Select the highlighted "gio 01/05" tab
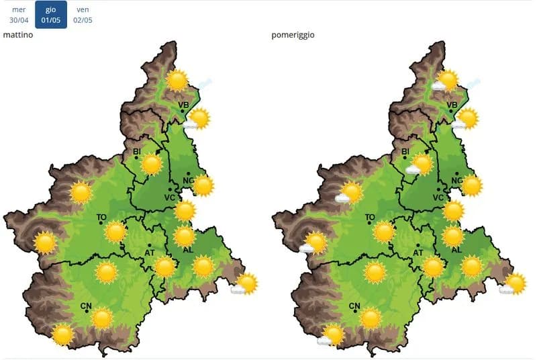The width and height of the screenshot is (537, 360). click(51, 15)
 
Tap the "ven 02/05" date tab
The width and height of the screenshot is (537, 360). click(83, 15)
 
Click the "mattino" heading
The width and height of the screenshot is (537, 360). click(18, 34)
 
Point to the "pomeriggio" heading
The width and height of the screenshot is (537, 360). click(293, 34)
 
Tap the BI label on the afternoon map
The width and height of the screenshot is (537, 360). click(405, 152)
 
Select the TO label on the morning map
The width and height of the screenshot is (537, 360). click(101, 217)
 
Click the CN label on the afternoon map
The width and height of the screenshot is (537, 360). click(354, 306)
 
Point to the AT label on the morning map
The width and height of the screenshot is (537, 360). click(151, 253)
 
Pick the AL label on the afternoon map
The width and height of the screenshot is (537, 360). click(456, 249)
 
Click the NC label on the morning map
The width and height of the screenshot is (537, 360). click(189, 181)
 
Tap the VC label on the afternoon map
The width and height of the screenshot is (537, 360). click(438, 197)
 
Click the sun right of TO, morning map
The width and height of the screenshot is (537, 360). click(115, 232)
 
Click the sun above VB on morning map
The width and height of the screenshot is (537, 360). click(178, 81)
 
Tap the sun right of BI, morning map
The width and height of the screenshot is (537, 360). click(152, 165)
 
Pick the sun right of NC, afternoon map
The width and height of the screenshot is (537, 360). click(472, 185)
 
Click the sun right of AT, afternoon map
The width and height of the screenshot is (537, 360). click(434, 267)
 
